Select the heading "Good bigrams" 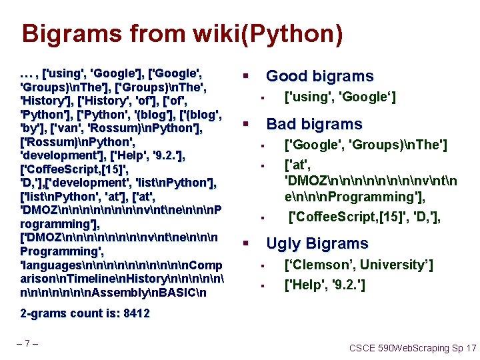pyautogui.click(x=320, y=76)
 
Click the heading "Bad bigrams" pyautogui.click(x=314, y=124)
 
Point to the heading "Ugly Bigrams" pyautogui.click(x=317, y=243)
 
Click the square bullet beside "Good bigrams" pyautogui.click(x=245, y=76)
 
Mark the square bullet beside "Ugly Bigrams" pyautogui.click(x=245, y=243)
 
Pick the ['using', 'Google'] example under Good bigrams pyautogui.click(x=340, y=98)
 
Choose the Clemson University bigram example pyautogui.click(x=359, y=265)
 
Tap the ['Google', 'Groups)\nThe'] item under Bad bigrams pyautogui.click(x=366, y=145)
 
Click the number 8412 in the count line pyautogui.click(x=136, y=313)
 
